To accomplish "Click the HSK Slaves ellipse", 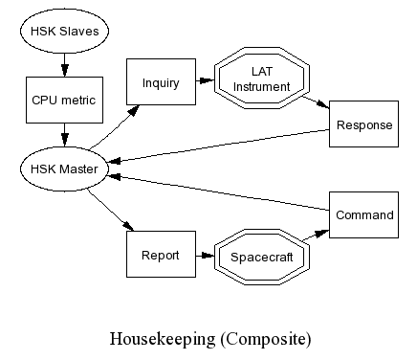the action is [64, 31].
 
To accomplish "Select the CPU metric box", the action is [64, 100].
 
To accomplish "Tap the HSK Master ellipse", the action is [64, 169].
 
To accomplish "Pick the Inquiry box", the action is [161, 81].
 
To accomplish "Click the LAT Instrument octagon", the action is [262, 79].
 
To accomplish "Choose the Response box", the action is [363, 124].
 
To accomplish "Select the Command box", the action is [363, 214].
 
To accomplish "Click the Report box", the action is [161, 254].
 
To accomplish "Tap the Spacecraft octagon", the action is [262, 257].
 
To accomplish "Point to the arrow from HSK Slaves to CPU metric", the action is [65, 65].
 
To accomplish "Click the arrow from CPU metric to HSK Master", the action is [65, 135].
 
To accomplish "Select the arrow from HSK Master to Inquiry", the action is [115, 127].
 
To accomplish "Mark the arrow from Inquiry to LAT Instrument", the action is [205, 80].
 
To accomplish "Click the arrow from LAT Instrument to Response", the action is [316, 102].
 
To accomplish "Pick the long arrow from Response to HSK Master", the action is [219, 146].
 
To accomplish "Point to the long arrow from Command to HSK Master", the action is [219, 192].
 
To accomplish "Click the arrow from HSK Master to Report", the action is [111, 210].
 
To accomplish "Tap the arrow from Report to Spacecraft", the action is [205, 256].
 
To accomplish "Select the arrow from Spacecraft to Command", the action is [316, 235].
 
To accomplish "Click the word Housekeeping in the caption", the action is [163, 340].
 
